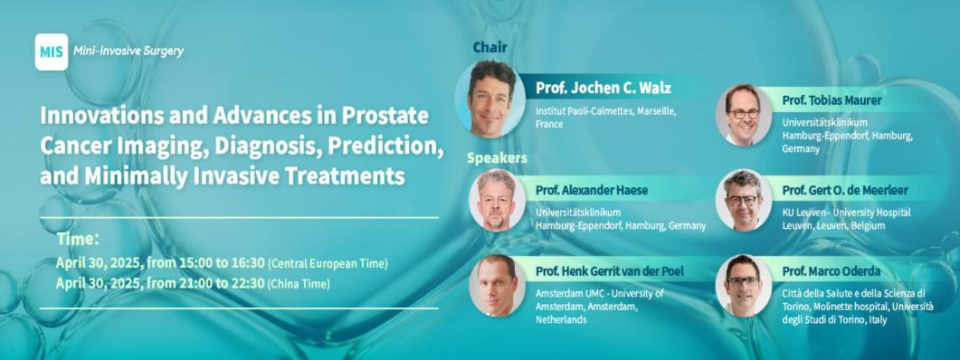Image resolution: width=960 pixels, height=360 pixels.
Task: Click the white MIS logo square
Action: pyautogui.click(x=52, y=52)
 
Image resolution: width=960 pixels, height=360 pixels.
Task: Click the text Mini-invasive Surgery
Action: pyautogui.click(x=128, y=52)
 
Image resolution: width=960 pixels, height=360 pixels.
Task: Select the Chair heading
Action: pyautogui.click(x=490, y=46)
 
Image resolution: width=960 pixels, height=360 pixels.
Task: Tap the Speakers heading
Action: pyautogui.click(x=497, y=158)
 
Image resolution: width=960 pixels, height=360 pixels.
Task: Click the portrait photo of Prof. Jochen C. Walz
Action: pyautogui.click(x=490, y=99)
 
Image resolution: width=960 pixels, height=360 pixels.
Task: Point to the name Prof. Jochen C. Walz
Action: pyautogui.click(x=604, y=88)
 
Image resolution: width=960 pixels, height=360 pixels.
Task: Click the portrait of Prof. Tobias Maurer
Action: pyautogui.click(x=744, y=115)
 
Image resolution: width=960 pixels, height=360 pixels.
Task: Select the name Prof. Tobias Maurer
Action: pyautogui.click(x=832, y=99)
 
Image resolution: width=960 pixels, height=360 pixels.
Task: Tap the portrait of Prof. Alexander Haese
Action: pyautogui.click(x=497, y=200)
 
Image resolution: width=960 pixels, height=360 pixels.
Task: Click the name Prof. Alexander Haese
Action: pyautogui.click(x=592, y=191)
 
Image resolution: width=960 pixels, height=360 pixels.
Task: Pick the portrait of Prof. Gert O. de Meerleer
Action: pyautogui.click(x=744, y=200)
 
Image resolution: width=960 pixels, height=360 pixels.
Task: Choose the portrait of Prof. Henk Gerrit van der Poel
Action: pyautogui.click(x=497, y=285)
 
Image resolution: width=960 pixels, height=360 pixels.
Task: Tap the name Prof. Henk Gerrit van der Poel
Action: pyautogui.click(x=609, y=271)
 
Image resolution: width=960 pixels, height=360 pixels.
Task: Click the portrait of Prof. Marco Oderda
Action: pyautogui.click(x=744, y=285)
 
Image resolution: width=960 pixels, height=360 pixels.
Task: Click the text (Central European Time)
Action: pyautogui.click(x=328, y=264)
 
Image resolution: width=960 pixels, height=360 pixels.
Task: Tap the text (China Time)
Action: pyautogui.click(x=299, y=284)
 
